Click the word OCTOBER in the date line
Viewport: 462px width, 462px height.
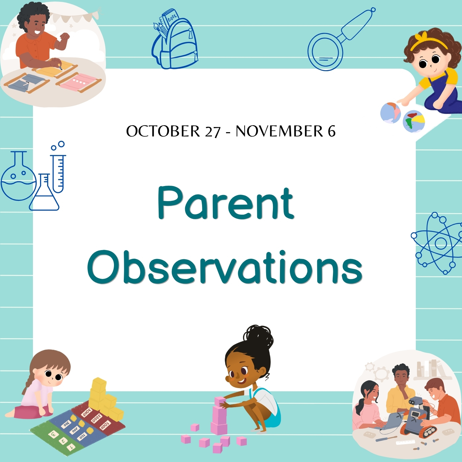click(163, 131)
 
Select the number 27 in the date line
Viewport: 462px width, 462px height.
click(213, 132)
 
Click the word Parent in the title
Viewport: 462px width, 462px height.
click(226, 203)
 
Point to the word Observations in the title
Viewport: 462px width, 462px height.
click(225, 267)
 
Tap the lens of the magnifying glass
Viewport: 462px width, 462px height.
click(325, 52)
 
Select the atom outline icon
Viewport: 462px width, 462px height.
click(437, 243)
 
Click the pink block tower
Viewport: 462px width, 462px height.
click(220, 416)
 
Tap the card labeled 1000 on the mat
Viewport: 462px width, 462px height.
click(105, 425)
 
